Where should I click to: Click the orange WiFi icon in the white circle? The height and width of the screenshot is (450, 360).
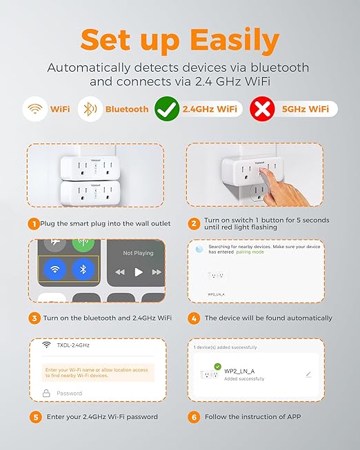pos(35,109)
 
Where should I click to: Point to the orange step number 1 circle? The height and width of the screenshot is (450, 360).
pos(33,224)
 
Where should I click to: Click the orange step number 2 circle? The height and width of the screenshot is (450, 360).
pos(194,224)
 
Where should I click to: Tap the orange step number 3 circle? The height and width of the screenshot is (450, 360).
pos(33,318)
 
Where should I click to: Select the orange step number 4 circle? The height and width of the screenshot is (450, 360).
pos(194,318)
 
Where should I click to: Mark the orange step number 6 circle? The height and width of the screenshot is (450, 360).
pos(194,416)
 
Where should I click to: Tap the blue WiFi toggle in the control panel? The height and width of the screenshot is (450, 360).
pos(53,269)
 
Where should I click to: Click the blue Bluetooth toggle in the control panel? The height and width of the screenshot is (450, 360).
pos(83,269)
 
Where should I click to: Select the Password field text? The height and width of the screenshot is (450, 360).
pos(69,393)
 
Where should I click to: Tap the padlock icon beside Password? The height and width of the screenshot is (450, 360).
pos(46,392)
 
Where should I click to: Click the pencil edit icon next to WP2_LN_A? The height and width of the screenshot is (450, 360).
pos(308,374)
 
